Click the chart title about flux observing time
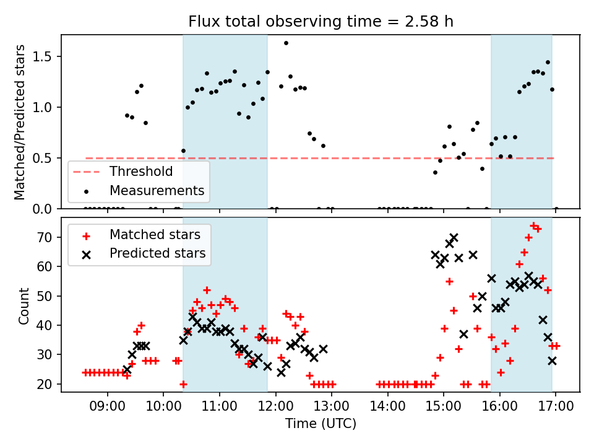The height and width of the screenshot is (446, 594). pyautogui.click(x=321, y=22)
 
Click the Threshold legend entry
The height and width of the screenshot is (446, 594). pyautogui.click(x=141, y=171)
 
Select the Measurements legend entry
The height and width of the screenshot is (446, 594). pyautogui.click(x=157, y=190)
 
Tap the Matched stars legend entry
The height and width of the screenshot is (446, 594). pyautogui.click(x=155, y=235)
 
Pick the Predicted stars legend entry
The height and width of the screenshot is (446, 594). pyautogui.click(x=157, y=253)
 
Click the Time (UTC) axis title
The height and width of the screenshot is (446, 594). pyautogui.click(x=321, y=424)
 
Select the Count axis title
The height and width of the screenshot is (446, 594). pyautogui.click(x=24, y=305)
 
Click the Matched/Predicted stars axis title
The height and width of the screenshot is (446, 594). pyautogui.click(x=20, y=122)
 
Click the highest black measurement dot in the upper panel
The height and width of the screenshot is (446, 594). pyautogui.click(x=286, y=43)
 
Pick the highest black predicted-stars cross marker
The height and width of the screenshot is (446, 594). pyautogui.click(x=454, y=237)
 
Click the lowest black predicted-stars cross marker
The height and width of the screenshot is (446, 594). pyautogui.click(x=281, y=373)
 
